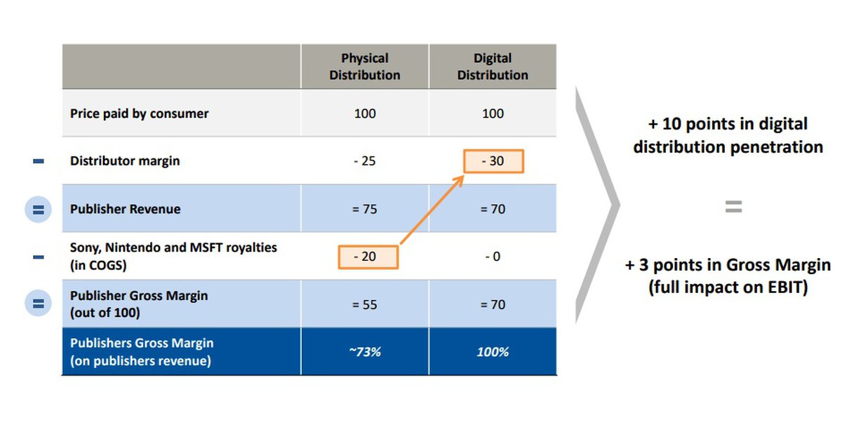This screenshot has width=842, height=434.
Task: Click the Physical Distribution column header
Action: pyautogui.click(x=365, y=67)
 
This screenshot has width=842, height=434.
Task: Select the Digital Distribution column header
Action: pyautogui.click(x=493, y=67)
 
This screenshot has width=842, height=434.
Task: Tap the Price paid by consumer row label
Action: pyautogui.click(x=139, y=114)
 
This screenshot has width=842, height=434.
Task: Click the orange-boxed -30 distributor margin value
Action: pyautogui.click(x=493, y=161)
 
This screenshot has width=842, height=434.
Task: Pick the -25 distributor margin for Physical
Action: pyautogui.click(x=365, y=161)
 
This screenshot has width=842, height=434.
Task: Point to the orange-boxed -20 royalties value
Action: pyautogui.click(x=368, y=257)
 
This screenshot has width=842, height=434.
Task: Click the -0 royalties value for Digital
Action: pyautogui.click(x=493, y=257)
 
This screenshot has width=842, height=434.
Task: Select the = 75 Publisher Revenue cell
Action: pyautogui.click(x=364, y=209)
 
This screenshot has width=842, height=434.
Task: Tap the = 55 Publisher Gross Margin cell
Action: pyautogui.click(x=364, y=304)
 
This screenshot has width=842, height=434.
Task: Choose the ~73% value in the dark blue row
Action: pyautogui.click(x=365, y=352)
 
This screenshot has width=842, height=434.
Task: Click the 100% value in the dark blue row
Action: pyautogui.click(x=493, y=352)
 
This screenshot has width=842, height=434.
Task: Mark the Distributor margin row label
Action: pyautogui.click(x=125, y=161)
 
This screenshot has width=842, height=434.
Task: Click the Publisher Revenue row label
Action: pyautogui.click(x=125, y=209)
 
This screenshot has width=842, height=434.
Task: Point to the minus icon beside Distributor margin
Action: pyautogui.click(x=39, y=161)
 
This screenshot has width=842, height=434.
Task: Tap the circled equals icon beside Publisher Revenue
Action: pyautogui.click(x=38, y=210)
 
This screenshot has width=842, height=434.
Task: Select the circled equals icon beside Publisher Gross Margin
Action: pyautogui.click(x=38, y=303)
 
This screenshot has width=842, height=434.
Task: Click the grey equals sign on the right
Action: pyautogui.click(x=733, y=207)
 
